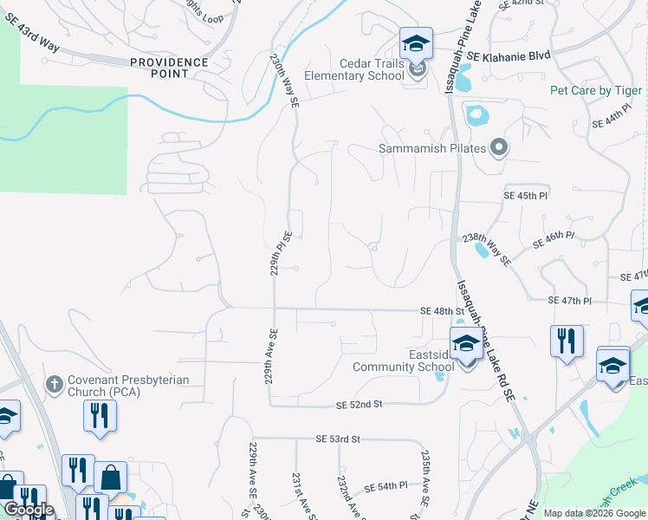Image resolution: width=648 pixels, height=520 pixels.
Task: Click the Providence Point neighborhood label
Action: (170, 68)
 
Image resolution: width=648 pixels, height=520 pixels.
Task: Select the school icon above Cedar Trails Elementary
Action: (416, 43)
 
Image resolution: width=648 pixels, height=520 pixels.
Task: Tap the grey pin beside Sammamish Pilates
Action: (498, 148)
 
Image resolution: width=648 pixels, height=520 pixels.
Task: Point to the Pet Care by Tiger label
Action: (596, 91)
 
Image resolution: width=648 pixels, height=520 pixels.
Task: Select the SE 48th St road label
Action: (438, 310)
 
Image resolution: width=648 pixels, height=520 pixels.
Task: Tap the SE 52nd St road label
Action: (360, 405)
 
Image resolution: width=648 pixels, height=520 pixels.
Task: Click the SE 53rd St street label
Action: (332, 439)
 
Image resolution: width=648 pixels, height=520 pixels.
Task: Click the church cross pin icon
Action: (54, 382)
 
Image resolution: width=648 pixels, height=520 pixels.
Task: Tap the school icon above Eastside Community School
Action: (466, 344)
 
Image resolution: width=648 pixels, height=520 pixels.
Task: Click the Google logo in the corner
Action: (29, 510)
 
